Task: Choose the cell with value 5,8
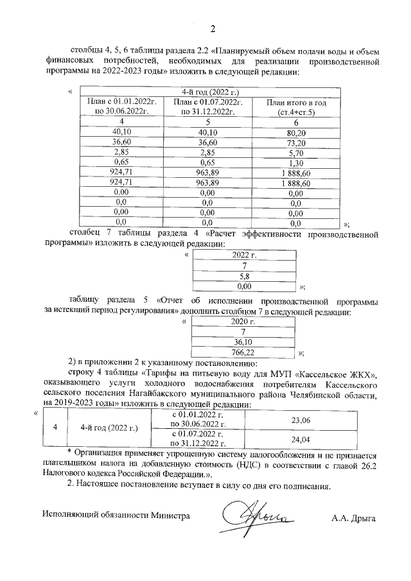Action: [x=243, y=275]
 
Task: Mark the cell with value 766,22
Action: [x=243, y=352]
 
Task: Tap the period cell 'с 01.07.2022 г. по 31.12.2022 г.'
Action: [x=197, y=440]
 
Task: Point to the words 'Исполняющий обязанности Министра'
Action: [x=116, y=515]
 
